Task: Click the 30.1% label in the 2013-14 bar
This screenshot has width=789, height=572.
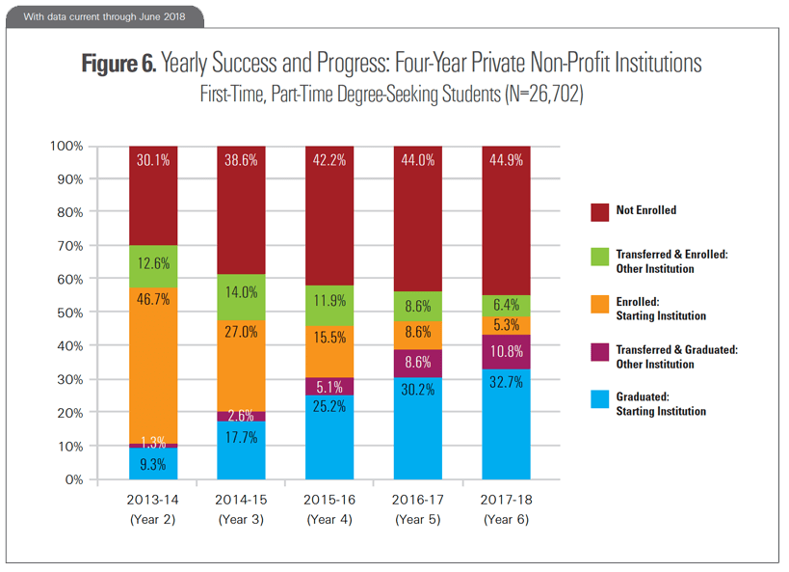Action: (x=153, y=161)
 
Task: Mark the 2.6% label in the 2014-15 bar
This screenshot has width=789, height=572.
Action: (x=242, y=416)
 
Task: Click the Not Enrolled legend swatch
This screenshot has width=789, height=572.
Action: (x=597, y=209)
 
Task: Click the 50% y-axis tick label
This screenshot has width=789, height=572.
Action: (x=68, y=313)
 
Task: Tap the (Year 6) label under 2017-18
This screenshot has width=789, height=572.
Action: (x=507, y=520)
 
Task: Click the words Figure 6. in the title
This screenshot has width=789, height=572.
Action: (x=119, y=64)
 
